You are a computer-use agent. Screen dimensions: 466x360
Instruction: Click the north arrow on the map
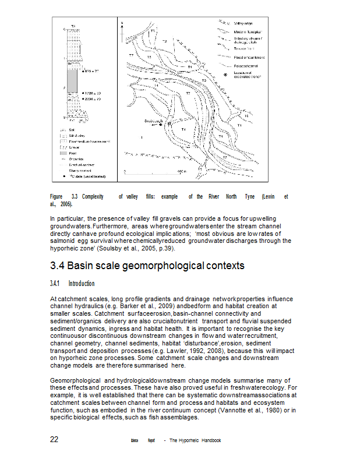122,25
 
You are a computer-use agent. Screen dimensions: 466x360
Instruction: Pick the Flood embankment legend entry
249,57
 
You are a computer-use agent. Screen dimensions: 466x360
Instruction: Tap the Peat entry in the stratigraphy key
72,153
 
